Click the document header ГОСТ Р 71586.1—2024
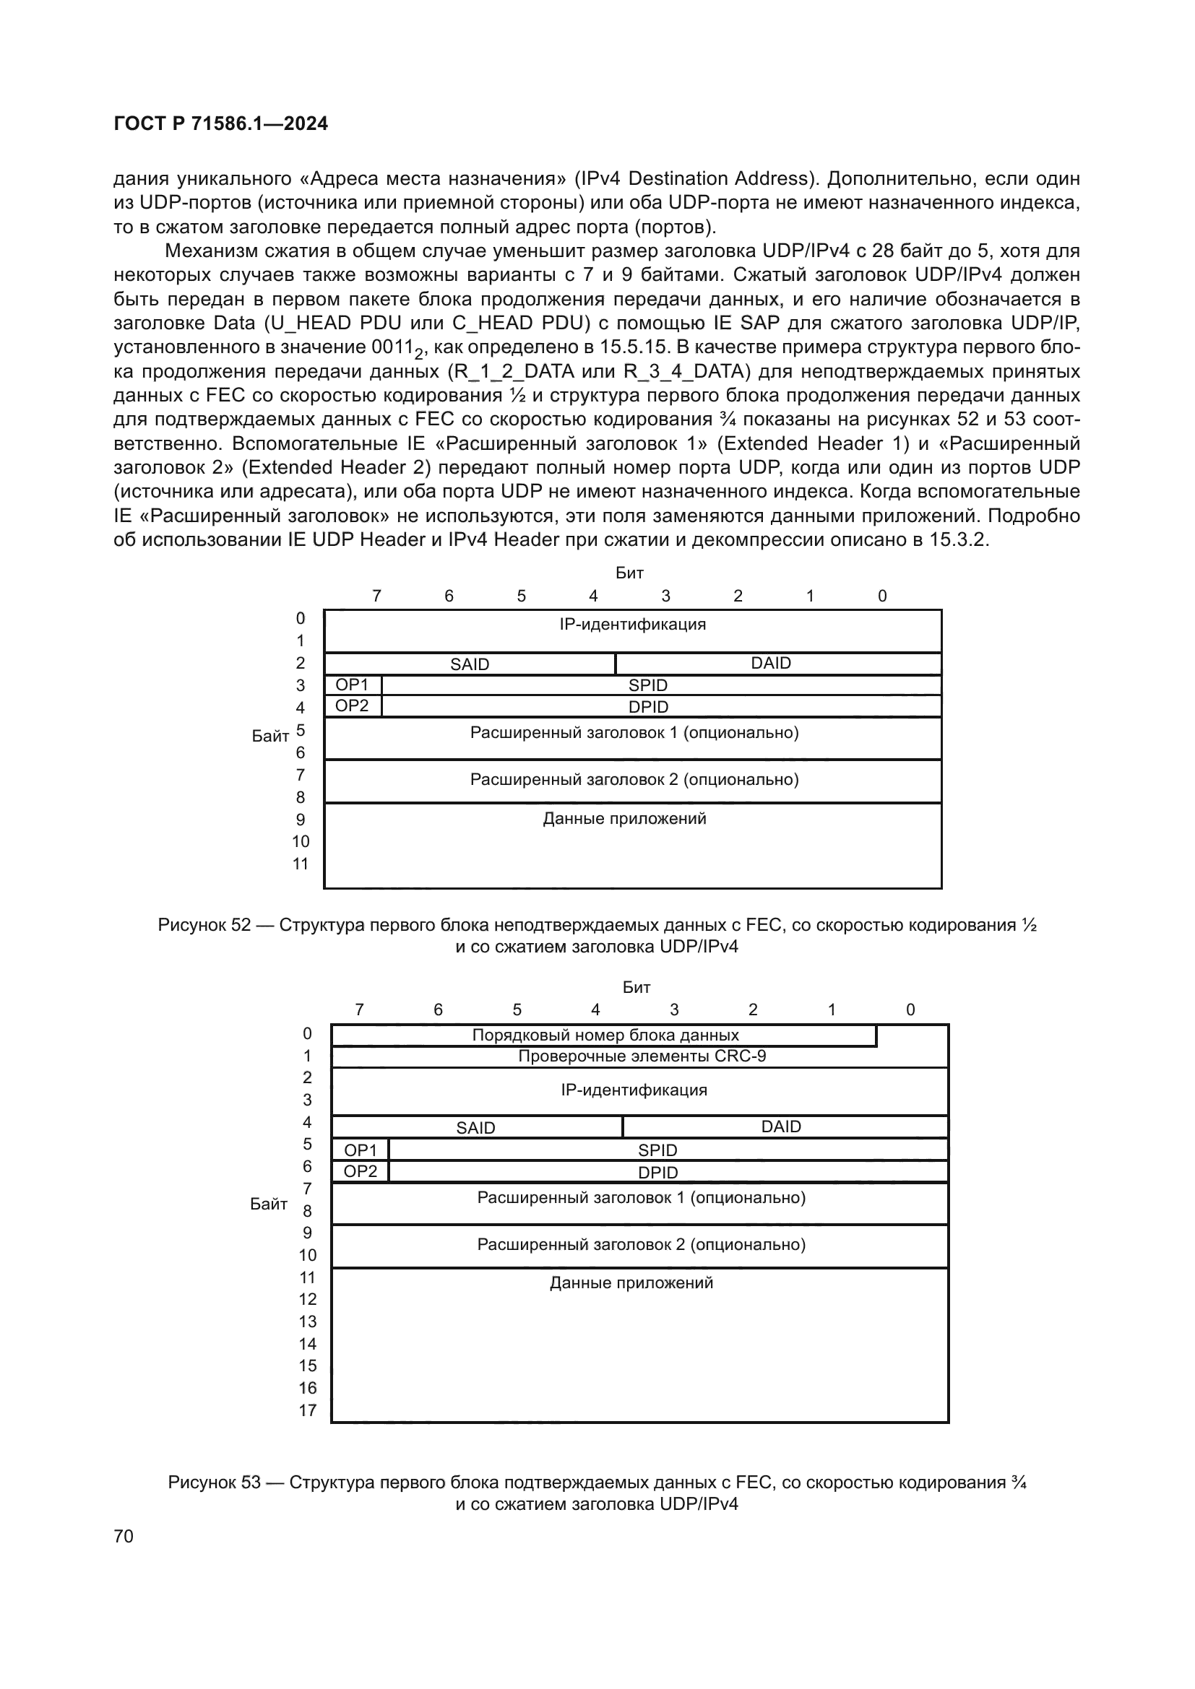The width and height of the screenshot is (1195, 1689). pyautogui.click(x=221, y=123)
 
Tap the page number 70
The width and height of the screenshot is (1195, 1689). pyautogui.click(x=124, y=1536)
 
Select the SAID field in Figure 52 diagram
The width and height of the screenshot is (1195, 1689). pyautogui.click(x=470, y=664)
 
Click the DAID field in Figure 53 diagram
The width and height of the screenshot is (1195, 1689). pyautogui.click(x=781, y=1126)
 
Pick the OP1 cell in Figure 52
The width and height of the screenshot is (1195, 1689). pyautogui.click(x=352, y=685)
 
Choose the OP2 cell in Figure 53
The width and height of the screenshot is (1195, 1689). pyautogui.click(x=360, y=1171)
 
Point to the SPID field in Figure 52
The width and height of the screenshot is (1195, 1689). pyautogui.click(x=647, y=685)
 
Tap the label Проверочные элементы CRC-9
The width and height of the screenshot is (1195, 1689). pyautogui.click(x=642, y=1056)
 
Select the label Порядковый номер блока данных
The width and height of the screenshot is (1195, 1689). pyautogui.click(x=605, y=1035)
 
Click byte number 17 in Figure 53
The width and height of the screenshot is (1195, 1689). pyautogui.click(x=308, y=1410)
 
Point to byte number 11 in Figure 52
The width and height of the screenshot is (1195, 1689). pyautogui.click(x=301, y=864)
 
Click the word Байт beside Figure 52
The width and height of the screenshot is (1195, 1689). pyautogui.click(x=270, y=737)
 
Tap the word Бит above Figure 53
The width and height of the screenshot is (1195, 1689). pyautogui.click(x=636, y=987)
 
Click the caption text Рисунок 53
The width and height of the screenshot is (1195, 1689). pyautogui.click(x=214, y=1482)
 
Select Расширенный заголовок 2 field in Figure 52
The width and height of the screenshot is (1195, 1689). pyautogui.click(x=634, y=779)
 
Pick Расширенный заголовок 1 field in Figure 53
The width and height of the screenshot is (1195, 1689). pyautogui.click(x=641, y=1197)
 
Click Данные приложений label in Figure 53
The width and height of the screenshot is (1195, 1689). pyautogui.click(x=631, y=1283)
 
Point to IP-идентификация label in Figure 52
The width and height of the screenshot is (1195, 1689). pyautogui.click(x=632, y=625)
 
